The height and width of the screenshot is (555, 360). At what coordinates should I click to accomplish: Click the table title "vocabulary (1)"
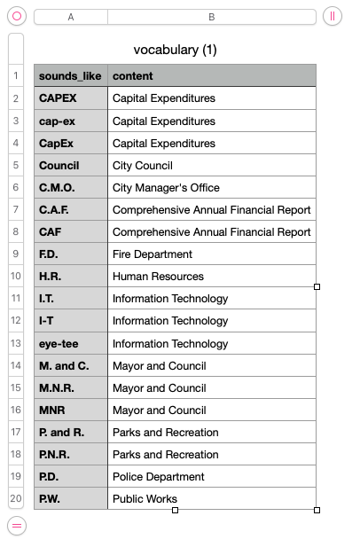point(175,50)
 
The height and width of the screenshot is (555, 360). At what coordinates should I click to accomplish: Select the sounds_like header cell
point(71,75)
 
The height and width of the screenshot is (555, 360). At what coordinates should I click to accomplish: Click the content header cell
point(212,75)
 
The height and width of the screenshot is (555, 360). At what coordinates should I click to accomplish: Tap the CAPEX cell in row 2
point(71,98)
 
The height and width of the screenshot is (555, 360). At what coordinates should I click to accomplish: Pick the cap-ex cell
point(71,121)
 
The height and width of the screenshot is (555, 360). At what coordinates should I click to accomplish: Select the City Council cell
point(212,165)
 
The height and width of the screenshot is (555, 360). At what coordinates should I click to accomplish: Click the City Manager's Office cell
point(212,187)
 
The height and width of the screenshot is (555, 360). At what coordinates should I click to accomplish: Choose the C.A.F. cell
point(71,209)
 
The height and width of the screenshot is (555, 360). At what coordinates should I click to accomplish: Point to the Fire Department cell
point(212,254)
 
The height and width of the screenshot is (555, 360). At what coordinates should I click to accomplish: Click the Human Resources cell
point(212,277)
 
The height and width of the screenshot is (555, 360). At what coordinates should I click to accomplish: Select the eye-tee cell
point(71,343)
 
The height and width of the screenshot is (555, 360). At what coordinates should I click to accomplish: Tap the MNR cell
point(71,410)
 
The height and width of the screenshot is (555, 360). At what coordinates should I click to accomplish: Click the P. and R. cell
point(71,432)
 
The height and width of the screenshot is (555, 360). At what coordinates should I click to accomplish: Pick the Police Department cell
point(212,476)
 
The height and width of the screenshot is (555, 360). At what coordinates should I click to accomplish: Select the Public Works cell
point(212,498)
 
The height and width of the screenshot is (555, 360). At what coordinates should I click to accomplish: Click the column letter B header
point(212,17)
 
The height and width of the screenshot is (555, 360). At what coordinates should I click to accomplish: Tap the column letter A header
point(71,17)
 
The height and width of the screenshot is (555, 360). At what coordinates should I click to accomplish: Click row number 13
point(16,343)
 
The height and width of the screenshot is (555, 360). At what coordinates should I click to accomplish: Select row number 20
point(16,498)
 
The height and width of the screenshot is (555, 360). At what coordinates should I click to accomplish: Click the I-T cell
point(71,321)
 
